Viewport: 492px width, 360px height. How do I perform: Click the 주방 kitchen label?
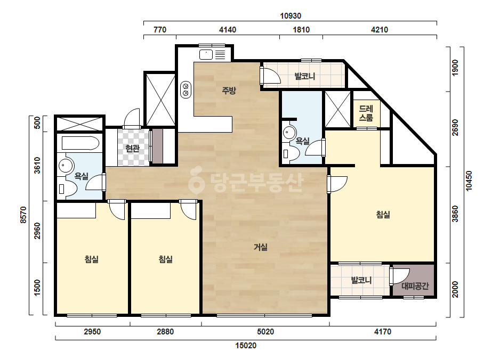point(229,91)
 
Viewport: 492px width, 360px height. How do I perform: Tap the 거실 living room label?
point(261,247)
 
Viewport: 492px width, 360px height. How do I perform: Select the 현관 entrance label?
point(132,148)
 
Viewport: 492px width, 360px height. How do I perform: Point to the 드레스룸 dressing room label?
point(366,113)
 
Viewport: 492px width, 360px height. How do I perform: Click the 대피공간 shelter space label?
point(415,286)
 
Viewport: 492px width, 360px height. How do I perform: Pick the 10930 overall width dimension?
point(291,15)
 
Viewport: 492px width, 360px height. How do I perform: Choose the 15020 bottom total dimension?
point(246,346)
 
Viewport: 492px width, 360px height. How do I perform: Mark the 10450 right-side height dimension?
point(469,181)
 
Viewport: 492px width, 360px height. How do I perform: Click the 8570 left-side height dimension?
point(23,215)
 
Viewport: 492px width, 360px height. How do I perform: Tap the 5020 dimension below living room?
point(265,332)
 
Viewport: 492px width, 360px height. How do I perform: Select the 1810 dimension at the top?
point(301,30)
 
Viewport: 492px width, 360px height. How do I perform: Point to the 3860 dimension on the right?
point(455,214)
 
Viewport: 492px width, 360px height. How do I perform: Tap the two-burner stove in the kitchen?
point(185,89)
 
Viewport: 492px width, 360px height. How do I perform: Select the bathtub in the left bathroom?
point(80,143)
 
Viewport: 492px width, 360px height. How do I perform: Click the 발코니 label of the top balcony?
point(305,76)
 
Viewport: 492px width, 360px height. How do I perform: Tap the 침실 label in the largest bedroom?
point(383,215)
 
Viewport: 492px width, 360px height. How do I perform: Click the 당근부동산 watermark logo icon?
point(196,180)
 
